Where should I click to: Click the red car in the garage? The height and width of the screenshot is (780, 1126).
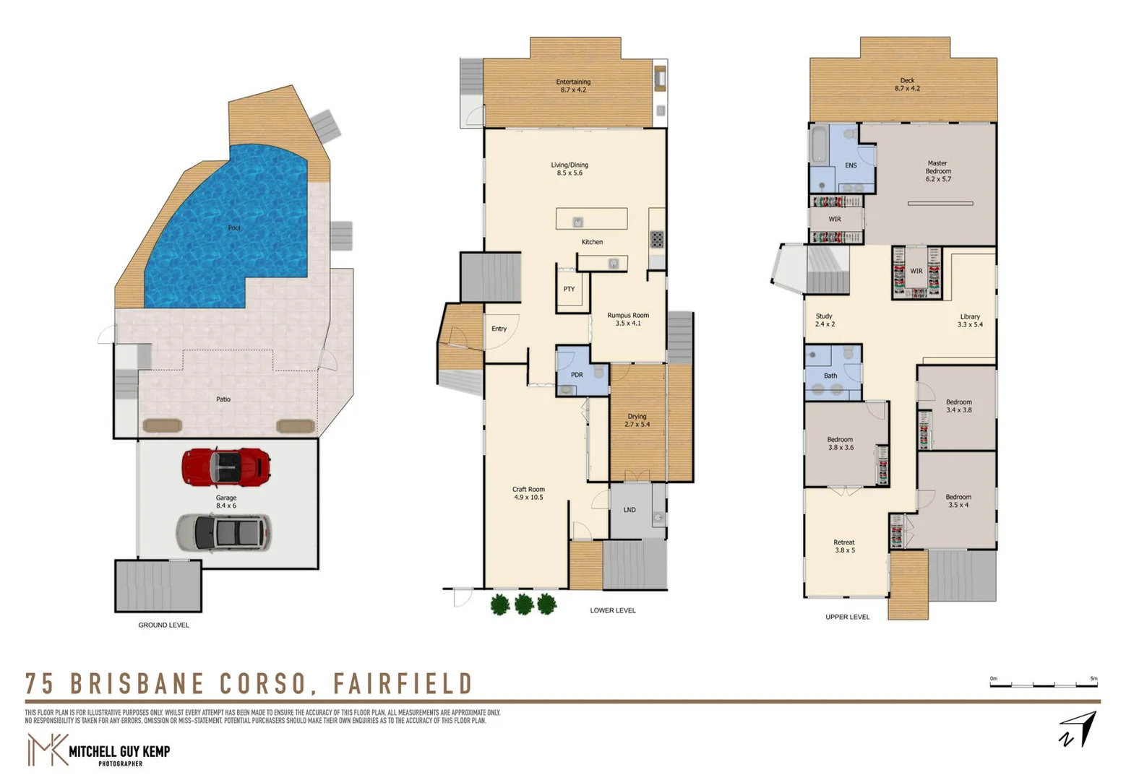pos(226,467)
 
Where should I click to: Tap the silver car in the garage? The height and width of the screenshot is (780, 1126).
pos(223,533)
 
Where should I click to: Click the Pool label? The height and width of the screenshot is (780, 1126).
pos(234,228)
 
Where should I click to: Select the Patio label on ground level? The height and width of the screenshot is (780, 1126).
pos(223,399)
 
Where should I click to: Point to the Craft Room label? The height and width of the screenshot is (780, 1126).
pos(528,493)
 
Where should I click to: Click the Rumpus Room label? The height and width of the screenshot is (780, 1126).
pos(627,319)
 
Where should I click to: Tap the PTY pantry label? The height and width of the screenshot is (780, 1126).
pos(569,289)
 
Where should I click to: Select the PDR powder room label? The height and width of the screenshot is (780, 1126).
pos(577,375)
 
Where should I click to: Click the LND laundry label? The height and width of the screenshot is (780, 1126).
pos(629,510)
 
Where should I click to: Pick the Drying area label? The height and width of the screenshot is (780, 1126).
pos(637,420)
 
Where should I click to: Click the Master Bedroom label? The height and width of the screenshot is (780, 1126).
pos(937,171)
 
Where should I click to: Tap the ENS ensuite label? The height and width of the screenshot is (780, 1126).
pos(851,165)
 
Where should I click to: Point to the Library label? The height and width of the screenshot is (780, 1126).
pos(970,321)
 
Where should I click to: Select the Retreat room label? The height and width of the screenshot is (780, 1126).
pos(844,546)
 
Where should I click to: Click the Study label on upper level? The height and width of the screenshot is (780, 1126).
pos(825,320)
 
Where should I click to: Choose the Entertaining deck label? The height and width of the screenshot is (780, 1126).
pos(573,85)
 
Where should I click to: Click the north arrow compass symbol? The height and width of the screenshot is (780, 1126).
pos(1078,729)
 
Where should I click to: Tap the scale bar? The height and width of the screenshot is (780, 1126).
pos(1044,683)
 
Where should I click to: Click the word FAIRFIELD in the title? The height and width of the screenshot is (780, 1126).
pos(403,683)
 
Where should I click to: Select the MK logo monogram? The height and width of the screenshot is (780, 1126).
pos(47,750)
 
